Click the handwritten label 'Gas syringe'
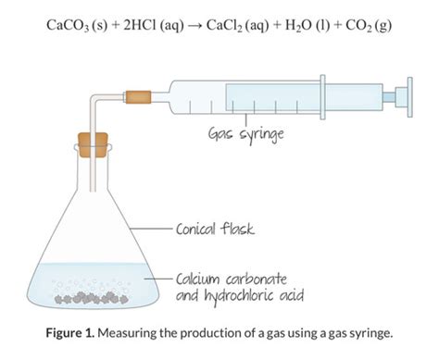[245, 135]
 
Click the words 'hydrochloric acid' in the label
[248, 295]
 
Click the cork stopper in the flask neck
[90, 147]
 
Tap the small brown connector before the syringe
[139, 95]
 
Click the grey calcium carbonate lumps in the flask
[92, 299]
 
